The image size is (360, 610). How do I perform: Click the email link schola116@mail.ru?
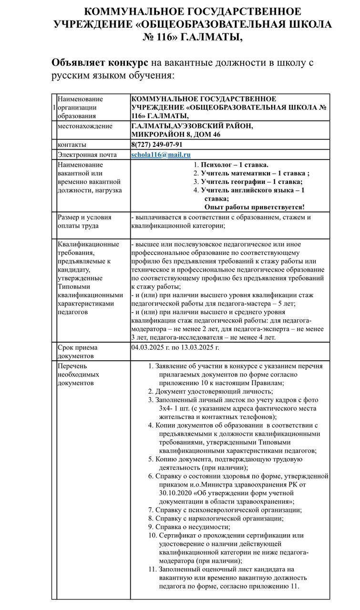tap(161, 155)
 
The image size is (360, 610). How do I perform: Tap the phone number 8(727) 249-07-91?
tap(156, 144)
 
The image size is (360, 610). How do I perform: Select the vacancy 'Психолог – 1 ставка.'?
tap(234, 164)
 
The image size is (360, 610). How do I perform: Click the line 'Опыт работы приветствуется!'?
tap(254, 207)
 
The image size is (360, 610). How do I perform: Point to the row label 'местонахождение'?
tap(85, 126)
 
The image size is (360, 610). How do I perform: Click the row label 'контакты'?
tap(72, 144)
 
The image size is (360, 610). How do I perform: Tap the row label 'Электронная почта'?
tap(87, 155)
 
